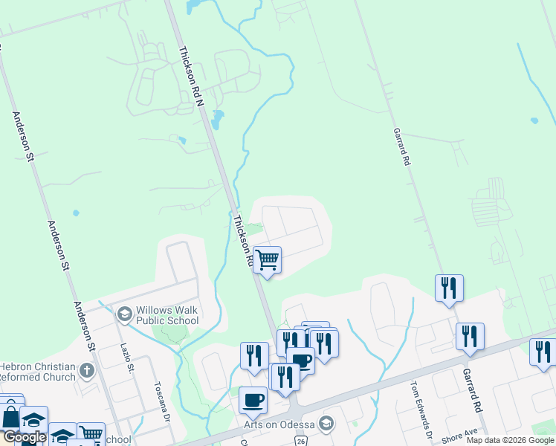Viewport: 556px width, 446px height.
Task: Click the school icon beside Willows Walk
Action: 124,315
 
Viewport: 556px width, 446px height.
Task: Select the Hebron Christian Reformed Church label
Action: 38,372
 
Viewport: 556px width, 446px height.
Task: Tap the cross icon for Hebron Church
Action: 87,370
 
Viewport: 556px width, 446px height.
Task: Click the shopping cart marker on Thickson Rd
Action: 267,260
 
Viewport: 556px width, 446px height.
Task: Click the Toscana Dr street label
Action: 164,402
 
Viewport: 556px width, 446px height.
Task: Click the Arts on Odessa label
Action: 279,424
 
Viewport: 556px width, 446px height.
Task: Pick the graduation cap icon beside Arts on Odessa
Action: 325,424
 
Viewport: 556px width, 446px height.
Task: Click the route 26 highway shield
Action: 300,441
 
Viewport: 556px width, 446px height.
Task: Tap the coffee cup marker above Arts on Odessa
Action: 253,401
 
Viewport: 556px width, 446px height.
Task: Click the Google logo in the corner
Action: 24,438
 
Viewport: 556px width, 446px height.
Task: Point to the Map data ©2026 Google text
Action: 510,440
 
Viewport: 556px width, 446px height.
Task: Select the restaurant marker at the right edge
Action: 543,352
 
